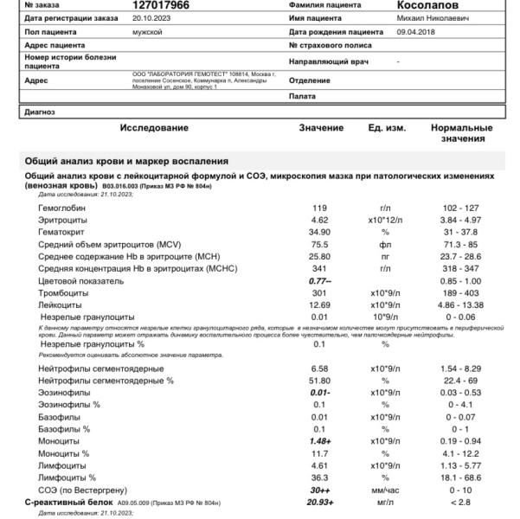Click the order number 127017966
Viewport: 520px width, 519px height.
pos(160,4)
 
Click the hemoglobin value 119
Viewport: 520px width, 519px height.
pos(320,208)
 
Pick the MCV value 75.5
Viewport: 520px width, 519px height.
pos(320,245)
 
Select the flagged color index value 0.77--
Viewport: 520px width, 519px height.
pos(321,282)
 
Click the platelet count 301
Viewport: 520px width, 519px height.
pos(320,294)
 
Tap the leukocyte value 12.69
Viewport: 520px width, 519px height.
pos(320,306)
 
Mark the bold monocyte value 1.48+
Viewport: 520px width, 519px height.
pos(321,440)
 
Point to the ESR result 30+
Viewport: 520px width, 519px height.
pos(321,490)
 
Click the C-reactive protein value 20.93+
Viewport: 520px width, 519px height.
pos(320,502)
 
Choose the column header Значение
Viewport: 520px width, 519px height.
pos(321,128)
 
